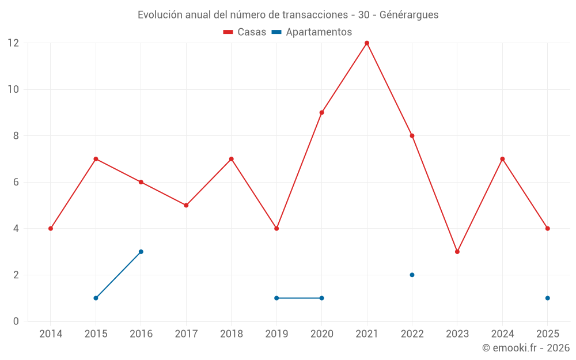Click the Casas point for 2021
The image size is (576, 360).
(367, 43)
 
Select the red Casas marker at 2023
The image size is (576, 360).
(457, 252)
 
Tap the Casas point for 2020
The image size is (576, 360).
(321, 112)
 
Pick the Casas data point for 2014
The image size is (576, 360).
(51, 229)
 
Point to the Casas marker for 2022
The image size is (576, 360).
(412, 136)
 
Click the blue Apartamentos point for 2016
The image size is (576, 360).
(141, 252)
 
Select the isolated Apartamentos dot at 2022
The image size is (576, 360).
(412, 275)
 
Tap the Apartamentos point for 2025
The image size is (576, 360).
(548, 298)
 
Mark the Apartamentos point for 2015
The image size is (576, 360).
(96, 298)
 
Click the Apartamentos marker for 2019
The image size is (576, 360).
(276, 298)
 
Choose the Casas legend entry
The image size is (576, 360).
(245, 32)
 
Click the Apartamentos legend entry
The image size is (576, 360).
(312, 32)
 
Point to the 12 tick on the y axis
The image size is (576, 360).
(13, 43)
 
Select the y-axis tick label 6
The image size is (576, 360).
(16, 182)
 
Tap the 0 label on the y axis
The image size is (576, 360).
(16, 321)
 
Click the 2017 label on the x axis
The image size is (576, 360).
(186, 334)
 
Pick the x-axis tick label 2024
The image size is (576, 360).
(502, 334)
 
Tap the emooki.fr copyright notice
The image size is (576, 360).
(526, 348)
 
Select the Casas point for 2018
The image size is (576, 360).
(232, 159)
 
